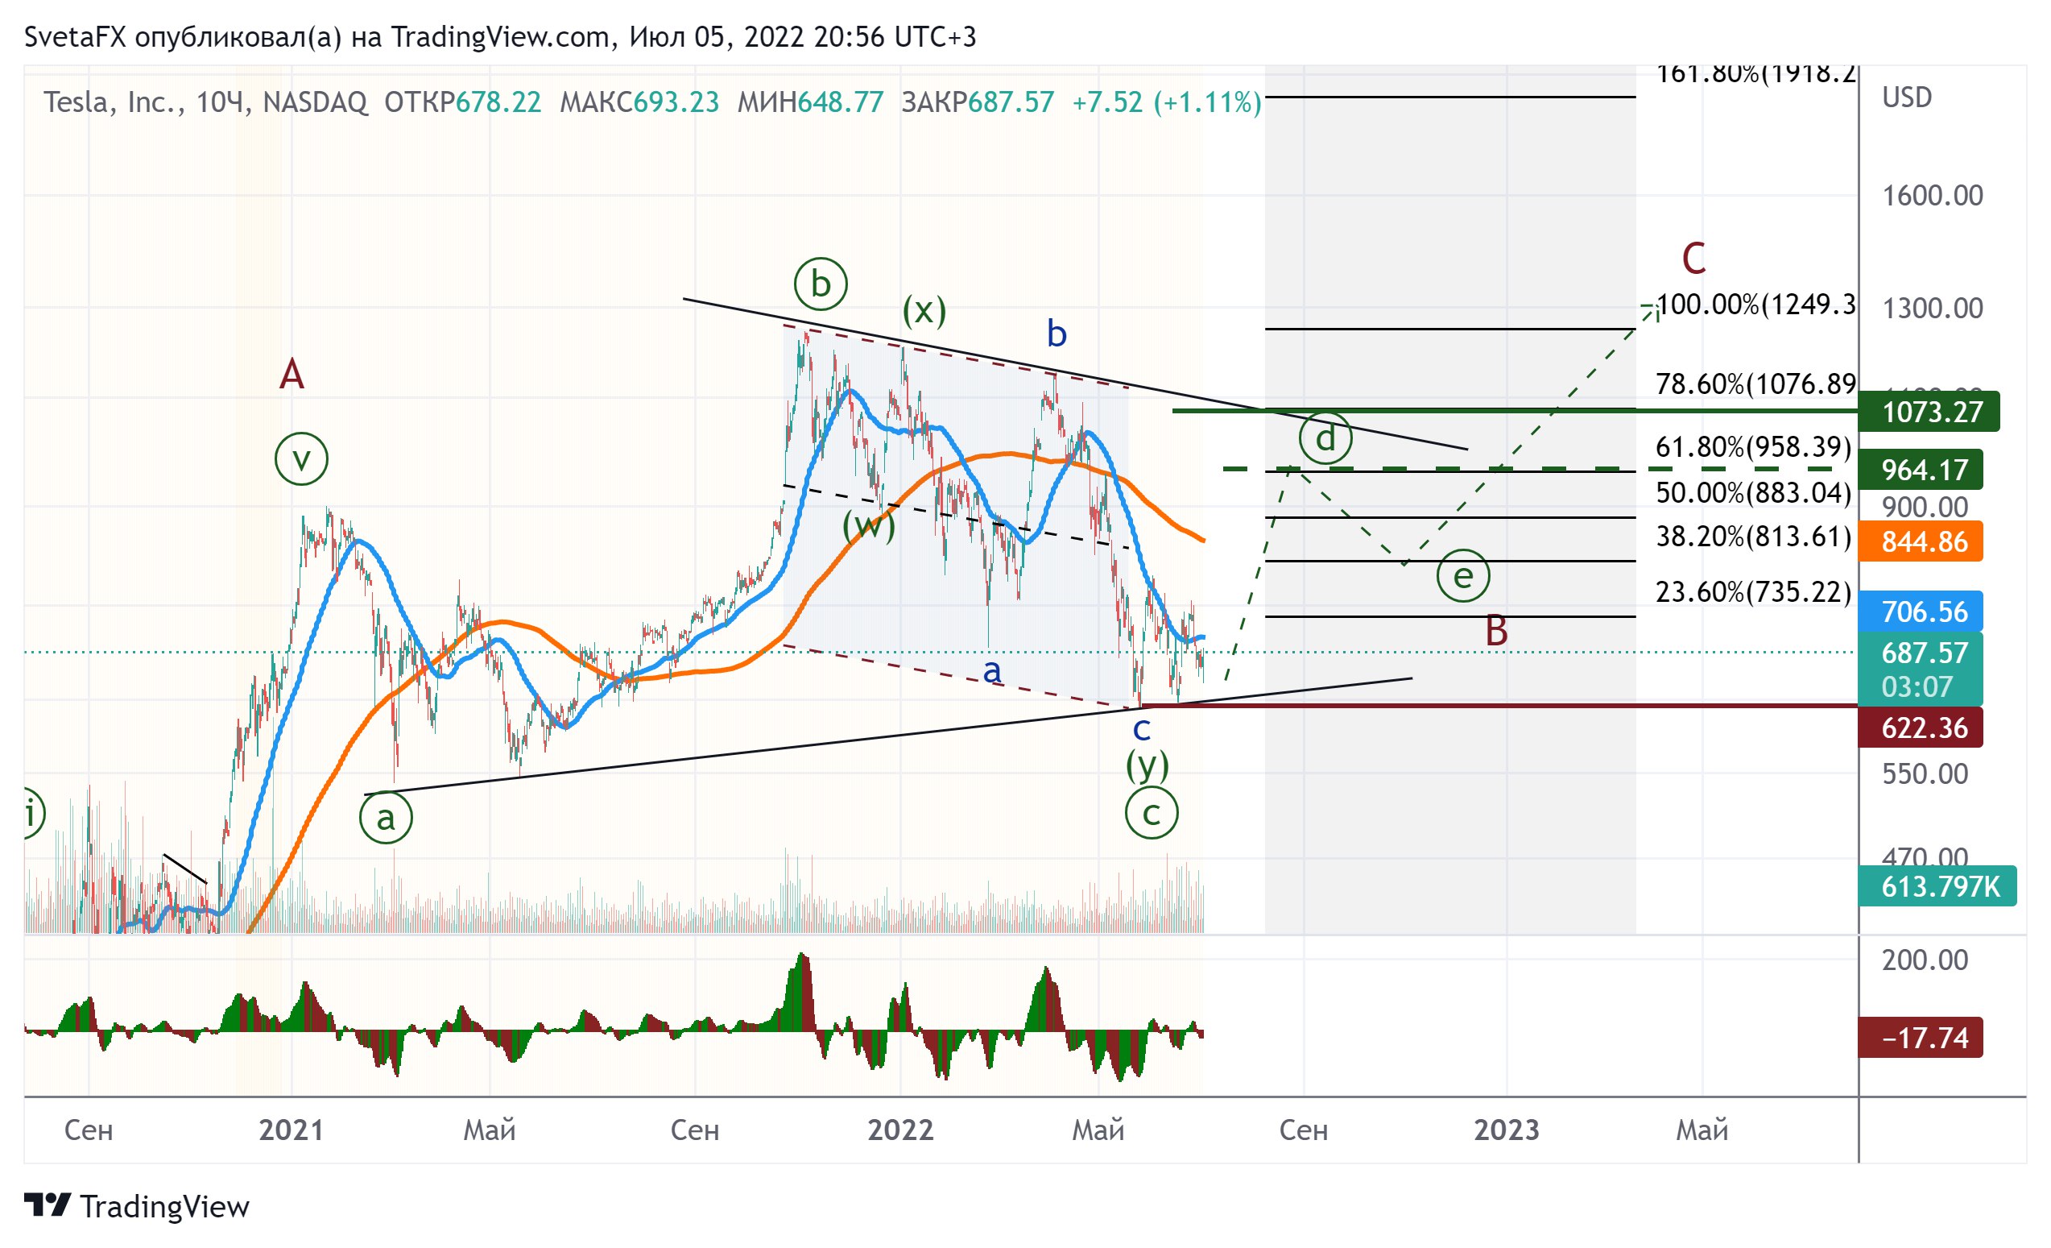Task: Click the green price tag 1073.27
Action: pos(1928,411)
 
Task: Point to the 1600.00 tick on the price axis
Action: pos(1932,196)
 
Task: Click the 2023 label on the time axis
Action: pos(1506,1130)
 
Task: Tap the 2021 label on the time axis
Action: pos(291,1130)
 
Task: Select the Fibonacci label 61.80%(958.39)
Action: pos(1753,447)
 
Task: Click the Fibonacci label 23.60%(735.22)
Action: pos(1753,591)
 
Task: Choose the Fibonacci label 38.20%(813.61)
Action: pos(1753,536)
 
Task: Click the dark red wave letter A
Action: pos(292,375)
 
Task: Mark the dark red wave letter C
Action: pos(1693,258)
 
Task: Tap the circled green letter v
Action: pos(301,458)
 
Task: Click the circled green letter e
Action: pos(1462,575)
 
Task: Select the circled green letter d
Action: pos(1325,438)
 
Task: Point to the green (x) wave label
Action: pos(924,309)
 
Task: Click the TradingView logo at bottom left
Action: pos(137,1205)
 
